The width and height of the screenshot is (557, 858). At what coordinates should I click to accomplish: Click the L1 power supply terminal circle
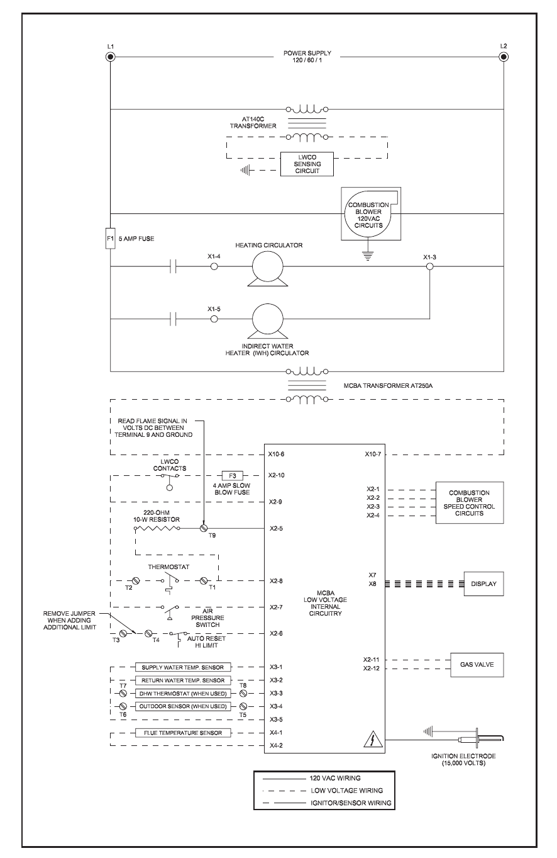111,57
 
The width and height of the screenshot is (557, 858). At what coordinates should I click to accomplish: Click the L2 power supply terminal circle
503,57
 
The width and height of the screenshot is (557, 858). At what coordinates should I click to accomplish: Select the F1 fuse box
111,239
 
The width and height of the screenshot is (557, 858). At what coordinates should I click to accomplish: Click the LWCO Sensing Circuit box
306,163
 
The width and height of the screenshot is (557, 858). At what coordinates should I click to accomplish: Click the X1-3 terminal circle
430,267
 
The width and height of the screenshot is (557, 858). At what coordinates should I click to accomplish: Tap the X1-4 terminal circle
214,267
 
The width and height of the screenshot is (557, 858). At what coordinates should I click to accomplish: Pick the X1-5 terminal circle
214,320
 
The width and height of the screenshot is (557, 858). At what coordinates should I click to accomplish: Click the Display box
483,584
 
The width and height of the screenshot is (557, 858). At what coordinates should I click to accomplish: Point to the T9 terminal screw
203,528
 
